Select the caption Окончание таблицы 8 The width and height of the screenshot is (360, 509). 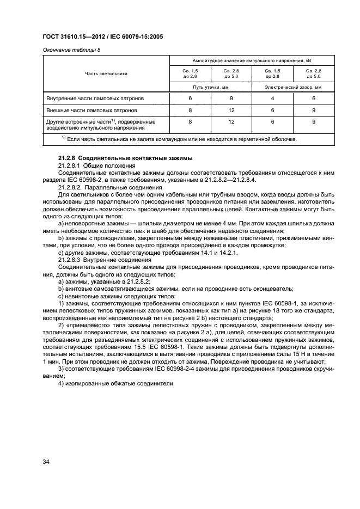point(68,50)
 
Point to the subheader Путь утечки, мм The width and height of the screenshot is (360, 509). point(210,87)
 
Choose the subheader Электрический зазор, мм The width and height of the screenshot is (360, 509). point(293,87)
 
